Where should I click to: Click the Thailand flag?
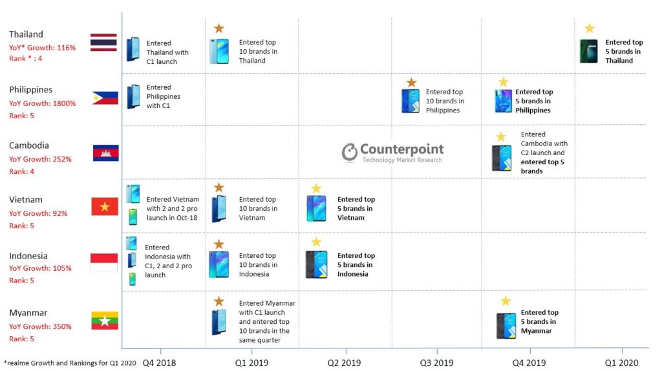coord(103,42)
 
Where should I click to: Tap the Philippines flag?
coord(105,98)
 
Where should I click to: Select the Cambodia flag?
coord(105,153)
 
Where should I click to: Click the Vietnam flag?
coord(105,206)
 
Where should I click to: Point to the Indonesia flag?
coord(104,262)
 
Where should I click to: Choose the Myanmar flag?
coord(104,320)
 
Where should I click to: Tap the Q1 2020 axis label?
coord(621,363)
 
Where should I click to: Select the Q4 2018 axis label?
coord(159,363)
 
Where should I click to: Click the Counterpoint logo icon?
coord(350,151)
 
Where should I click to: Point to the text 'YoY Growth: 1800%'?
coord(43,103)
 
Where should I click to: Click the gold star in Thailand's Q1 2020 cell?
coord(589,28)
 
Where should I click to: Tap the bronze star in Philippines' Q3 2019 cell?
coord(411,83)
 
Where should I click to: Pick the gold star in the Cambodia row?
coord(500,137)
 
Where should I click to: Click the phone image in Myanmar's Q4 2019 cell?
coord(506,326)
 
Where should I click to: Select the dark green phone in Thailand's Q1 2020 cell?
coord(589,51)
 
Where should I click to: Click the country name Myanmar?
coord(28,313)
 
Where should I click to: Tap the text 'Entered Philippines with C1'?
coord(163,96)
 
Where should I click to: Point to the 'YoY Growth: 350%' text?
coord(40,327)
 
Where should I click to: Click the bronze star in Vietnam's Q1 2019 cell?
coord(219,187)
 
